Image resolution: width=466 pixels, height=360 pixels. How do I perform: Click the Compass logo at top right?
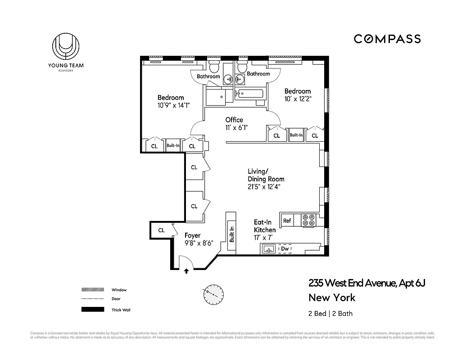pyautogui.click(x=387, y=39)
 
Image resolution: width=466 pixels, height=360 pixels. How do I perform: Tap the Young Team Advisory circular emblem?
pyautogui.click(x=66, y=47)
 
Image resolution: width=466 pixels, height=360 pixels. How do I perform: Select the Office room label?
pyautogui.click(x=234, y=120)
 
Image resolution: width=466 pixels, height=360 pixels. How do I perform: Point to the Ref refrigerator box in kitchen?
pyautogui.click(x=286, y=220)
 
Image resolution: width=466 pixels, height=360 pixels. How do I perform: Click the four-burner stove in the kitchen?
pyautogui.click(x=308, y=220)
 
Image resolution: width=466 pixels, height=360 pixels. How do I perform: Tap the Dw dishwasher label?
pyautogui.click(x=285, y=249)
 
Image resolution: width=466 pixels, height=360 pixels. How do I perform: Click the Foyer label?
pyautogui.click(x=192, y=235)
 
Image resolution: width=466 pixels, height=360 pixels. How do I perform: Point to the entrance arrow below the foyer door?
pyautogui.click(x=186, y=271)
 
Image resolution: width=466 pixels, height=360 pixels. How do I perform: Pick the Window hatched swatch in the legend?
pyautogui.click(x=92, y=290)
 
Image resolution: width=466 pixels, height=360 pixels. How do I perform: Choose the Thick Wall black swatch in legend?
pyautogui.click(x=92, y=310)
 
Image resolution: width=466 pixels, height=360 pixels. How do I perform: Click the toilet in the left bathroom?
pyautogui.click(x=214, y=67)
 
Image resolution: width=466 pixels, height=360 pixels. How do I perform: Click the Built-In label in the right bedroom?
pyautogui.click(x=296, y=135)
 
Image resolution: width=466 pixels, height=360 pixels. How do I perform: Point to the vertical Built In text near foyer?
pyautogui.click(x=232, y=234)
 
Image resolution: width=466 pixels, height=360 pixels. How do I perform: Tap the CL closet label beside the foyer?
pyautogui.click(x=161, y=230)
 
